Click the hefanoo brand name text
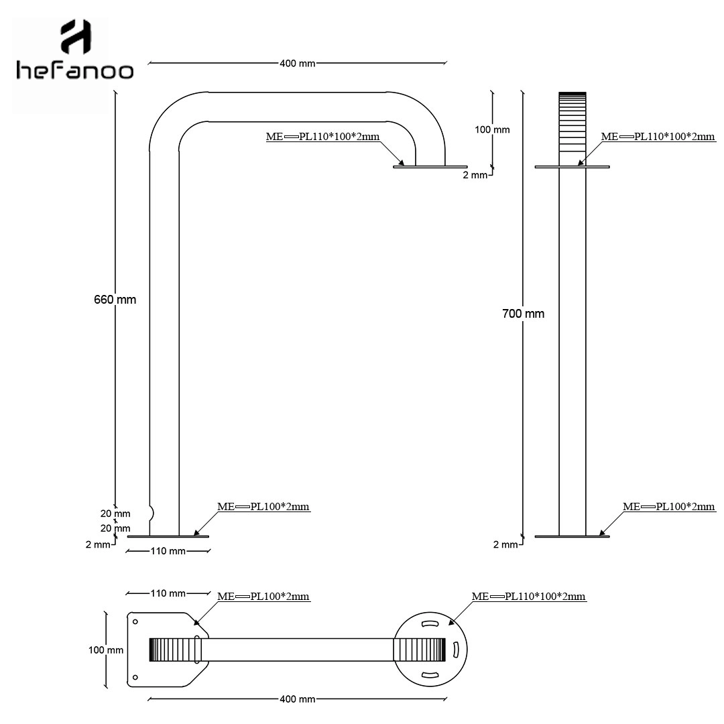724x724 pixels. [75, 70]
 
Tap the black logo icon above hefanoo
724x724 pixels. [76, 36]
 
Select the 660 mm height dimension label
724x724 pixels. [115, 300]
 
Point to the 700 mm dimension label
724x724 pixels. [523, 314]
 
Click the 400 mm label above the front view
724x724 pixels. [298, 63]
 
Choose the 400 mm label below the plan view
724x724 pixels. [298, 699]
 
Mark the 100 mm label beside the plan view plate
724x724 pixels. [106, 650]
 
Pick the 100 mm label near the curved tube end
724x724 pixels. [492, 130]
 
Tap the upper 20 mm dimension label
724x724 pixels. [115, 514]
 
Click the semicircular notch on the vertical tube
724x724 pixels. [152, 513]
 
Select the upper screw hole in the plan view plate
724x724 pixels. [135, 621]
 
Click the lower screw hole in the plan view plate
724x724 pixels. [135, 677]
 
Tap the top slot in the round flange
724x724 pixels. [430, 624]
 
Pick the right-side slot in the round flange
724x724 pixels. [455, 649]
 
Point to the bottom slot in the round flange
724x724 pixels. [430, 675]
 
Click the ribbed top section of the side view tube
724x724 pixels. [572, 123]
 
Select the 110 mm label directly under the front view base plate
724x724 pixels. [168, 551]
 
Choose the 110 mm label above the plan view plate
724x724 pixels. [168, 593]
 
